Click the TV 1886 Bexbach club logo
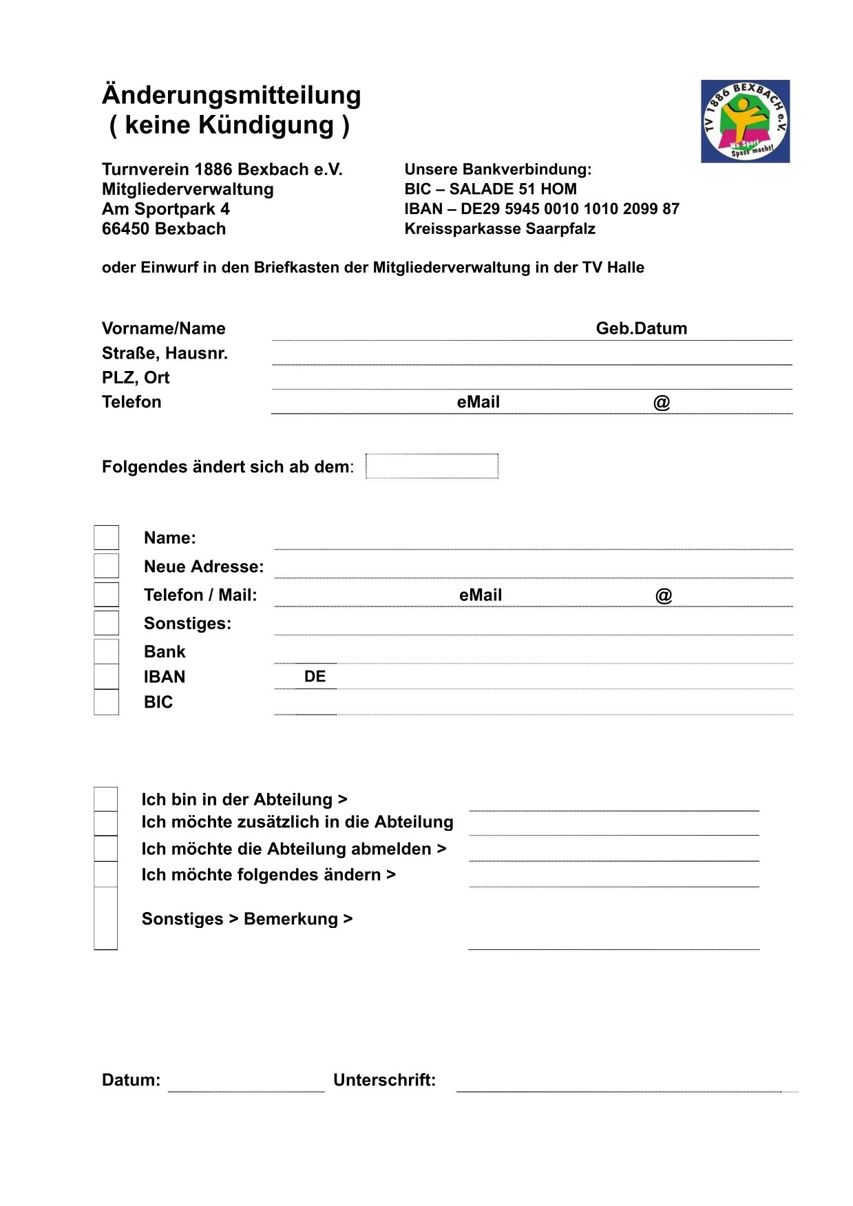(x=745, y=121)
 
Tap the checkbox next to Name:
(x=106, y=538)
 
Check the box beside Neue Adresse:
(x=106, y=566)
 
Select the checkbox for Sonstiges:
(x=106, y=623)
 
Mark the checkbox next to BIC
(x=106, y=702)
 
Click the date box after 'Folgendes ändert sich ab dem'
(x=432, y=466)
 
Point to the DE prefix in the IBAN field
(x=315, y=677)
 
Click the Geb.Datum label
(x=641, y=328)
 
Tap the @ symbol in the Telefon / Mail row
(x=663, y=595)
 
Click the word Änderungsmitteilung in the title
(x=231, y=95)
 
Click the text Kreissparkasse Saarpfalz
(x=500, y=229)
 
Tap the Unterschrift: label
(x=384, y=1080)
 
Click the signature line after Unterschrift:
(x=620, y=1086)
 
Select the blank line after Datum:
(x=246, y=1086)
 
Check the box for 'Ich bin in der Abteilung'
(x=106, y=799)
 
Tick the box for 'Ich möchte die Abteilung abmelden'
(x=106, y=849)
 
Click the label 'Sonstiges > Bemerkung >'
(x=246, y=919)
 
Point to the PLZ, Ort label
(x=136, y=378)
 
